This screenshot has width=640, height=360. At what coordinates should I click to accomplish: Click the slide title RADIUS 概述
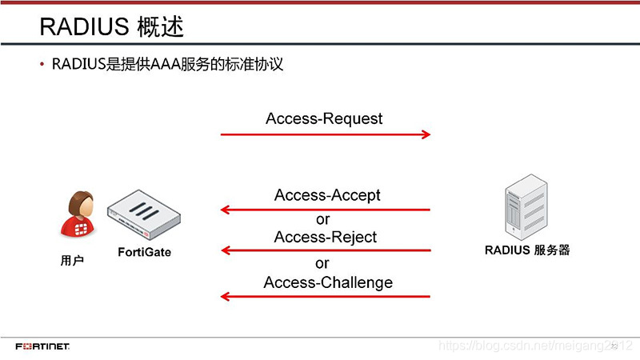tap(112, 28)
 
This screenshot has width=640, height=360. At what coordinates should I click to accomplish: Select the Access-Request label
tap(324, 118)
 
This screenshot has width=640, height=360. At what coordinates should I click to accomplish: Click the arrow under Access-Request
tap(325, 134)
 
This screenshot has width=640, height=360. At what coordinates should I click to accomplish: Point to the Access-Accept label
tap(327, 194)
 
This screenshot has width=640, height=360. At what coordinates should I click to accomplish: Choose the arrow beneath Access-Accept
tap(325, 210)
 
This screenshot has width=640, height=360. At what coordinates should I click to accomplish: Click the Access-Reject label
tap(325, 237)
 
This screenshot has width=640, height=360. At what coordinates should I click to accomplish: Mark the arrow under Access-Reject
tap(325, 251)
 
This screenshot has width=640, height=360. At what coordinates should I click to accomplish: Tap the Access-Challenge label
tap(328, 282)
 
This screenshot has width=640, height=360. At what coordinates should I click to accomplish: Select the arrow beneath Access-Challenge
tap(325, 297)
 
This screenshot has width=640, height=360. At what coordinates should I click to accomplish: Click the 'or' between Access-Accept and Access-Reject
tap(322, 218)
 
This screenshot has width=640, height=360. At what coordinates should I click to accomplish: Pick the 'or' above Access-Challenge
tap(322, 263)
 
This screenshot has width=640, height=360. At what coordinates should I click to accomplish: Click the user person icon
tap(76, 214)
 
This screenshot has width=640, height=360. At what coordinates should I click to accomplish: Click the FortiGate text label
tap(145, 253)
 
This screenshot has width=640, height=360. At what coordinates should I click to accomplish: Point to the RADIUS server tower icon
tap(526, 209)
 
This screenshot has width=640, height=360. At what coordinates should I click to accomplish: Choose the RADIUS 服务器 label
tap(527, 250)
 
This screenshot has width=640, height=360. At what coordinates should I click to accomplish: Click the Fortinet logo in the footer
tap(42, 346)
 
